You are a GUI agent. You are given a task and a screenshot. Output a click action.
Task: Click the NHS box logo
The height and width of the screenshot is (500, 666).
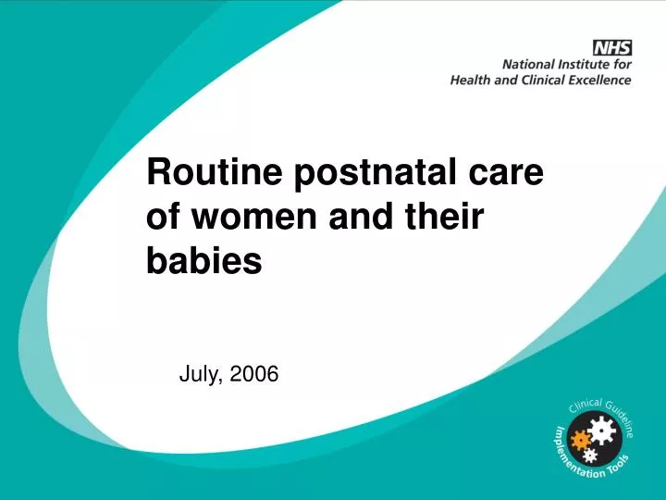(611, 46)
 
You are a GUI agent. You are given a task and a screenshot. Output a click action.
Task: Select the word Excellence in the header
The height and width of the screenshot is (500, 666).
(600, 80)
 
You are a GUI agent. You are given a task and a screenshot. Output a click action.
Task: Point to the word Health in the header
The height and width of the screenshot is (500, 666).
(469, 80)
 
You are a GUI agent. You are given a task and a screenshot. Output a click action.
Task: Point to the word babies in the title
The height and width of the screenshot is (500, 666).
(204, 262)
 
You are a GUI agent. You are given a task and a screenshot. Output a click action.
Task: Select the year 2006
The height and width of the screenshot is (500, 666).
(253, 374)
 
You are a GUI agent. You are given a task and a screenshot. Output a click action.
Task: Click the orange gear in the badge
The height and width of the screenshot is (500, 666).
(581, 439)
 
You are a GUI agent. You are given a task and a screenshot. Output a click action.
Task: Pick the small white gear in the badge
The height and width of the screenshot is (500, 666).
(591, 456)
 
